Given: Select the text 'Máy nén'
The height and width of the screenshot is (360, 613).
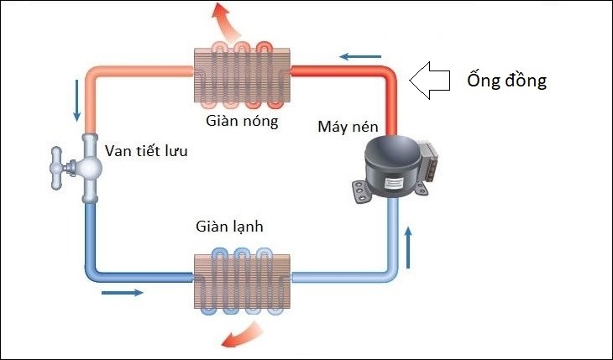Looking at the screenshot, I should [x=348, y=127].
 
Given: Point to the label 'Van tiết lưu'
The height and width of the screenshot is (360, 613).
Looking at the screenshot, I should [x=147, y=151].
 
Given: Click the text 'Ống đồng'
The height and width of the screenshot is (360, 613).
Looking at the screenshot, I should [x=506, y=81].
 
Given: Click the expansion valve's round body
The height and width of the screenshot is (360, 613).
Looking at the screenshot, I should [x=89, y=166].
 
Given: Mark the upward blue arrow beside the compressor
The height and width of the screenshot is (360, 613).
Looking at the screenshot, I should [x=409, y=245].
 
